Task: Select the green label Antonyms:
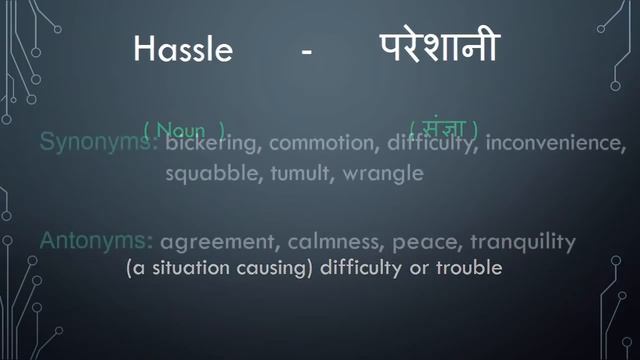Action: tap(96, 241)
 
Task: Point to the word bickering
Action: tap(211, 145)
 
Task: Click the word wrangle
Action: tap(383, 173)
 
